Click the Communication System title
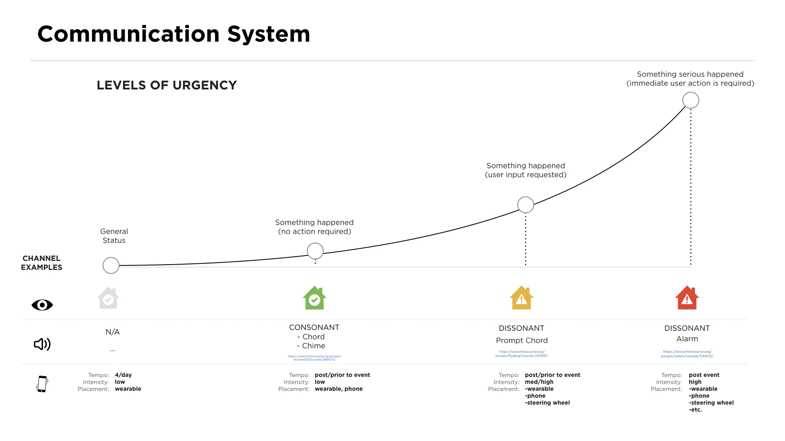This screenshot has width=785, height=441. [174, 34]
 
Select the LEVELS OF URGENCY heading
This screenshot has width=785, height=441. [167, 85]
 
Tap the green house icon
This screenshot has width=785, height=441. [314, 298]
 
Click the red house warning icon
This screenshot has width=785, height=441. [687, 298]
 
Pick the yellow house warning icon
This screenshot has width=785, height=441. [521, 298]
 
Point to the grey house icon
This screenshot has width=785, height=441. [108, 298]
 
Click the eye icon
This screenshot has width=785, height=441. [42, 305]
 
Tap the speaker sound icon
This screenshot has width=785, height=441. [42, 344]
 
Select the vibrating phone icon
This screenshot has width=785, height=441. [42, 384]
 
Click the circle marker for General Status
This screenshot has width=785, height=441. [111, 265]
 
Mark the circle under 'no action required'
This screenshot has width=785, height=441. [315, 251]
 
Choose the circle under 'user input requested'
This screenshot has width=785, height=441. [525, 205]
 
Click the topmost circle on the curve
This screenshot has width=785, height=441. [691, 100]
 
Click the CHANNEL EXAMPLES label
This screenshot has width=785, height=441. [42, 263]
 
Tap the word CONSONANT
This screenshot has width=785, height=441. [314, 327]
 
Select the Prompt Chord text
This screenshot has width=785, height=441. [522, 341]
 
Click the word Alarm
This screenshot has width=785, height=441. [687, 339]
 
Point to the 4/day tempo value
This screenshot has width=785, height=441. [123, 375]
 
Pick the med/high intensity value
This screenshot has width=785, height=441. [539, 382]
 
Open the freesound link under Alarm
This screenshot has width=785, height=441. [687, 354]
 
